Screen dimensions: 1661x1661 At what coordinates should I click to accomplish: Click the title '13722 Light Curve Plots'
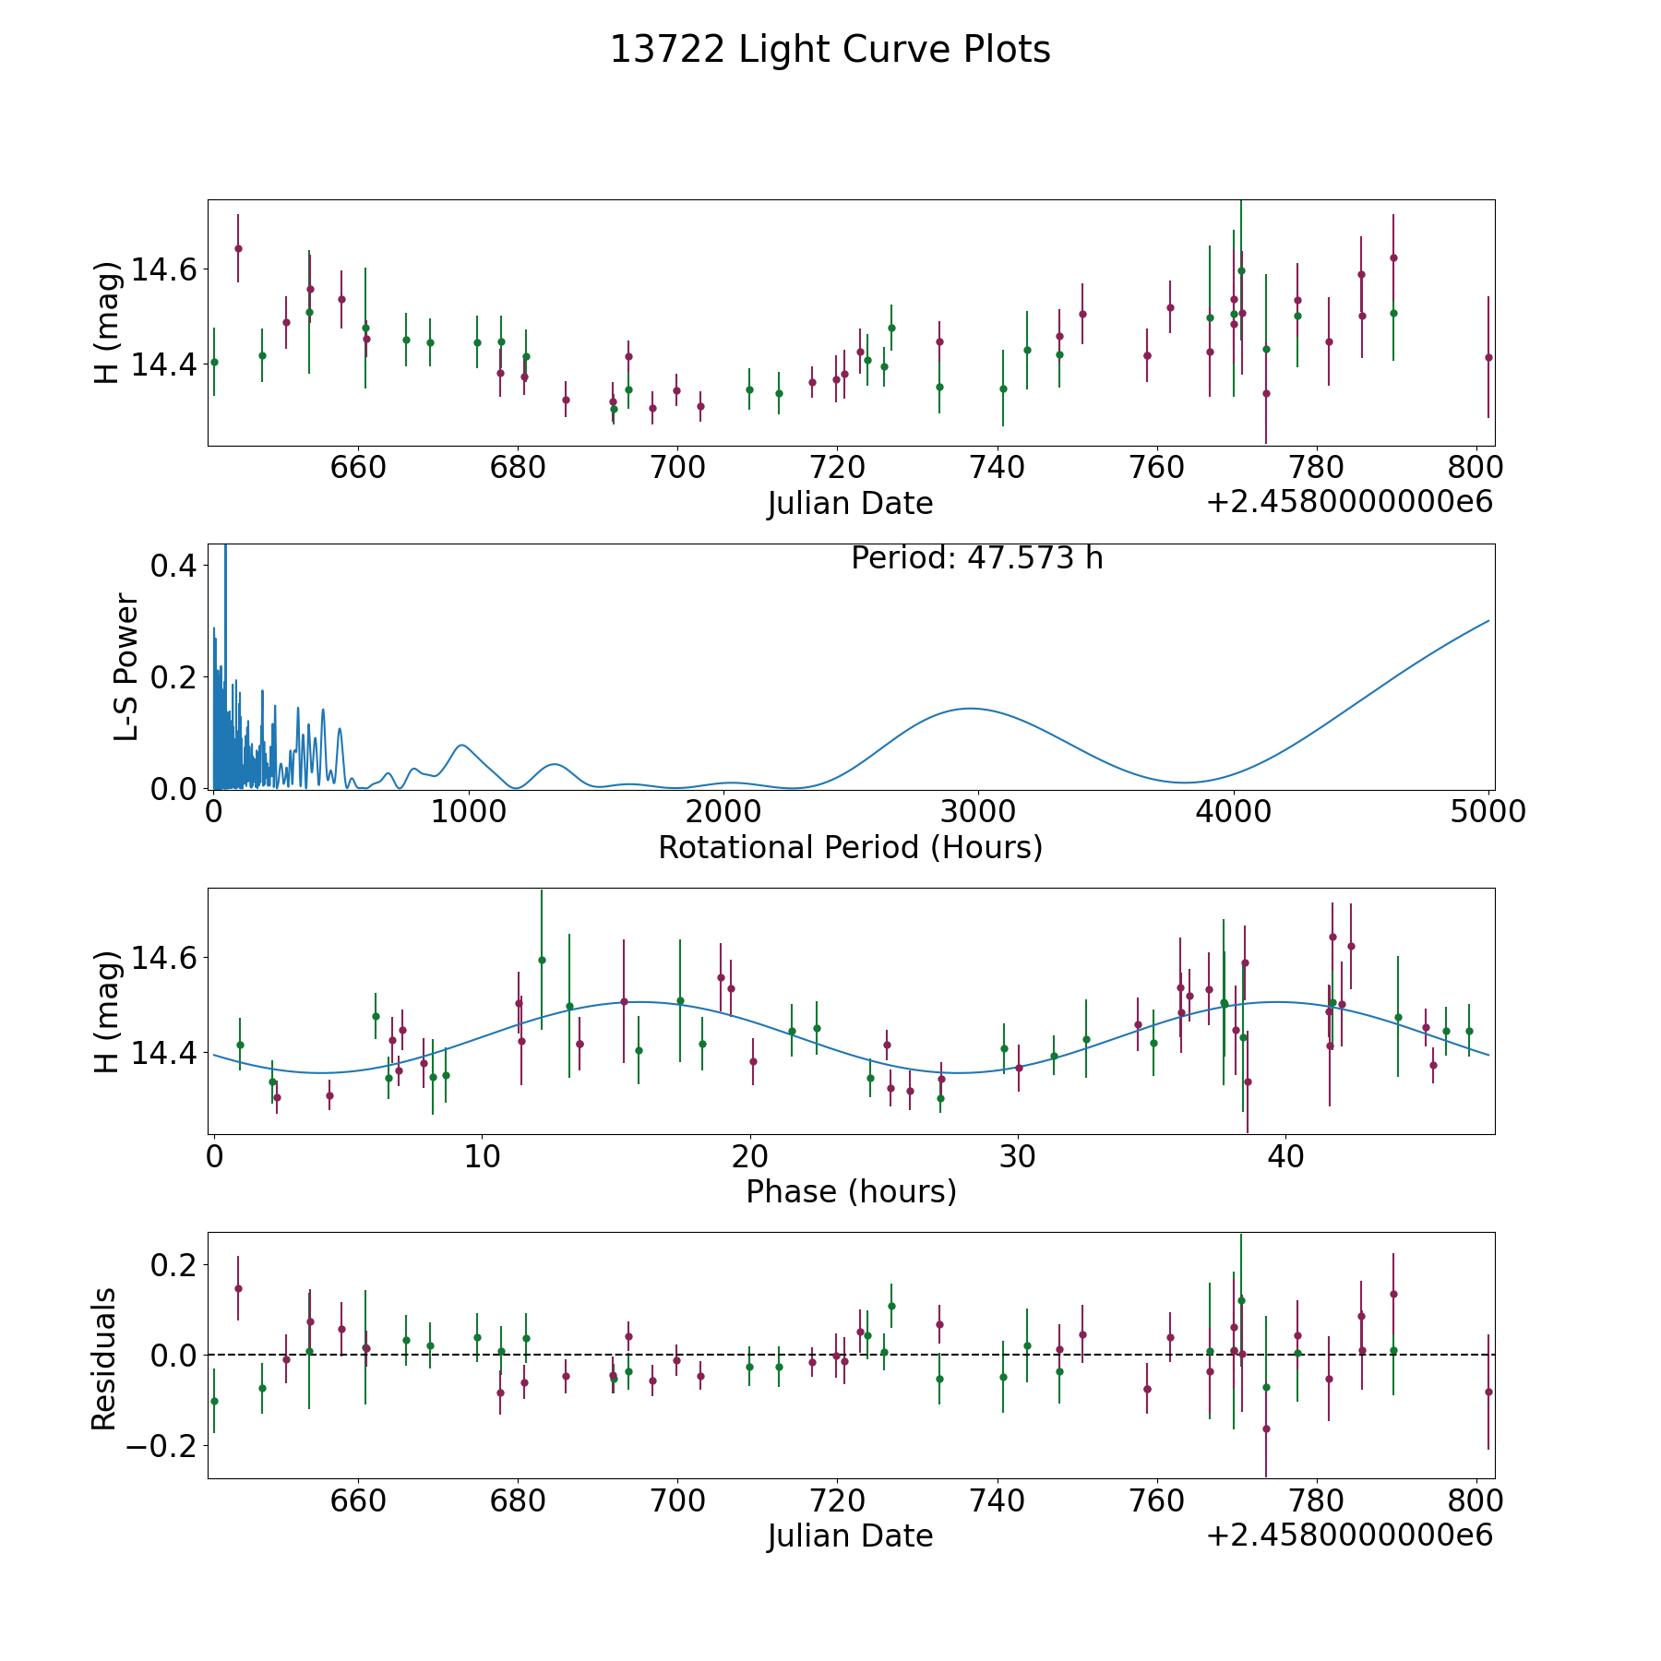[x=830, y=50]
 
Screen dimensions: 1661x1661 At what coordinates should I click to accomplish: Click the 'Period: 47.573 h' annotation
[x=976, y=558]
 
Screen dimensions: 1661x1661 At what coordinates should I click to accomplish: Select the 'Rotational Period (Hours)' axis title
[x=850, y=847]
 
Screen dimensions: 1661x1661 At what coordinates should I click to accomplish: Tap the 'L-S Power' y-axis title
[x=127, y=667]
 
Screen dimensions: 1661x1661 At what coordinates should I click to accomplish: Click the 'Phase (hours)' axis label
[x=851, y=1191]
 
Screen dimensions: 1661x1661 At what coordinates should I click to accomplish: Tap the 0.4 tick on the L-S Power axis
[x=175, y=566]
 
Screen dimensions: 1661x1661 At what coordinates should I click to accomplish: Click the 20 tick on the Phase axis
[x=750, y=1156]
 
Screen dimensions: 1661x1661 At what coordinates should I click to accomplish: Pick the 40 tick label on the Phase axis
[x=1285, y=1156]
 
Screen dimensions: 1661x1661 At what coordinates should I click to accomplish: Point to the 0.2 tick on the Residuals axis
[x=175, y=1264]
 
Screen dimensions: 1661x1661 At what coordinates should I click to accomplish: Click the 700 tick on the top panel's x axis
[x=677, y=468]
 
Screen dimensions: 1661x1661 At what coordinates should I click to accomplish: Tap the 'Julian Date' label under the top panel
[x=850, y=504]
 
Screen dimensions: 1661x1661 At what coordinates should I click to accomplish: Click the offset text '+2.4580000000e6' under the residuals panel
[x=1349, y=1536]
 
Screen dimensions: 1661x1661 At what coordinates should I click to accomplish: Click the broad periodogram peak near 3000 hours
[x=971, y=709]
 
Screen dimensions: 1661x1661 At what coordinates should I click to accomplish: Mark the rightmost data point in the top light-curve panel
[x=1488, y=357]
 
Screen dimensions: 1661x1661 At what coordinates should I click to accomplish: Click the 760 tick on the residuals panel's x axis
[x=1157, y=1500]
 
